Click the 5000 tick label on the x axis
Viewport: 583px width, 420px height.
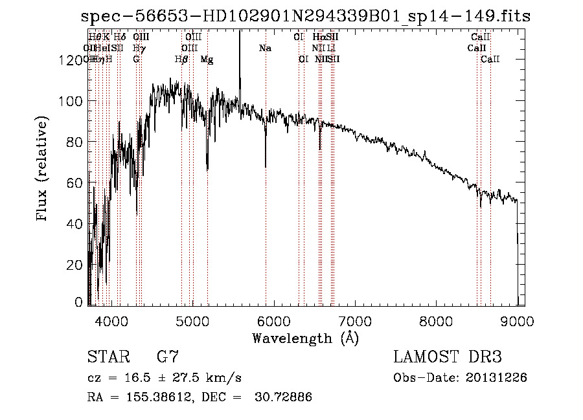tap(192, 320)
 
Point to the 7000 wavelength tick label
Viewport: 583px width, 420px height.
tap(354, 320)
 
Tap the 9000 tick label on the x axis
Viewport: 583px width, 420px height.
tap(517, 320)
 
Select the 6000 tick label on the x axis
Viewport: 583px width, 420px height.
tap(273, 320)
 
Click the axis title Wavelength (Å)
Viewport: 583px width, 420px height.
tap(305, 338)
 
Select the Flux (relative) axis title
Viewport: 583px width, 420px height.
tap(43, 170)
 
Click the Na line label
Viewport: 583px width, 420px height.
tap(265, 49)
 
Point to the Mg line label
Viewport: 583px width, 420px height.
tap(207, 60)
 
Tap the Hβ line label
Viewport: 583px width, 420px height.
tap(181, 60)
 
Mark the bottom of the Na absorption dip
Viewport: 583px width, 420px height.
tap(266, 166)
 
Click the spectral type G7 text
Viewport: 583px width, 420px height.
tap(167, 357)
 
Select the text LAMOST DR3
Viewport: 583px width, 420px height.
tap(447, 357)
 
